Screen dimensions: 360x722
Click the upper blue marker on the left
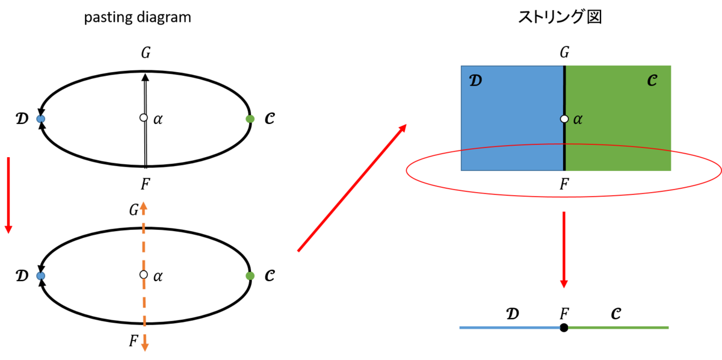click(40, 119)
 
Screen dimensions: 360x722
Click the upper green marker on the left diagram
click(250, 119)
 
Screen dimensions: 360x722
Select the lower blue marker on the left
click(40, 276)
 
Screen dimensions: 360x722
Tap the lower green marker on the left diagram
click(250, 276)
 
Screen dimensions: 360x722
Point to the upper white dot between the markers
click(143, 117)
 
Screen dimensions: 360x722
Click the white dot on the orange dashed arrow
click(143, 275)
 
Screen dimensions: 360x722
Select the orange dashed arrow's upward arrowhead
click(143, 205)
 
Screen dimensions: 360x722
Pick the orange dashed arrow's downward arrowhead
click(144, 347)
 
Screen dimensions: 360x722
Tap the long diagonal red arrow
click(352, 187)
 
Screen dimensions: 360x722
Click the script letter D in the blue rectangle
click(475, 81)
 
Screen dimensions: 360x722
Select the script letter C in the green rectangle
click(652, 81)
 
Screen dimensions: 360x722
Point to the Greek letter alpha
click(578, 119)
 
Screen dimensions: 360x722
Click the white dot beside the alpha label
click(564, 119)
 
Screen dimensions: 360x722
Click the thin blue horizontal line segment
click(509, 327)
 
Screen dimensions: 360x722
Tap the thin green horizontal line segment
click(619, 327)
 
